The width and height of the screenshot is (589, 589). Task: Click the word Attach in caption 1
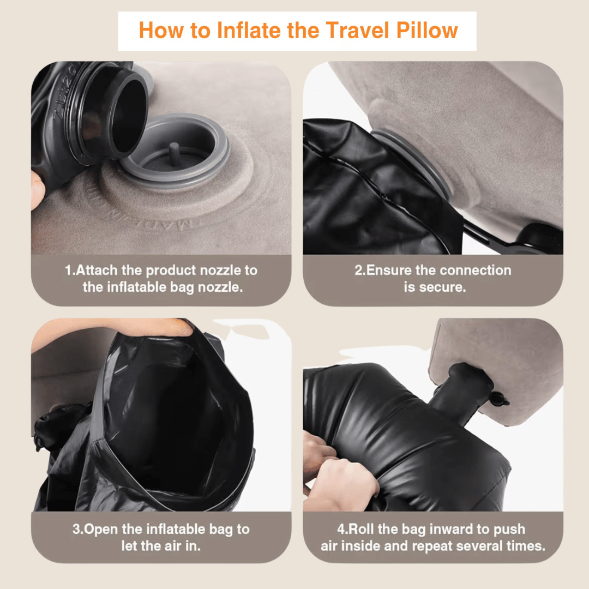point(99,271)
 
